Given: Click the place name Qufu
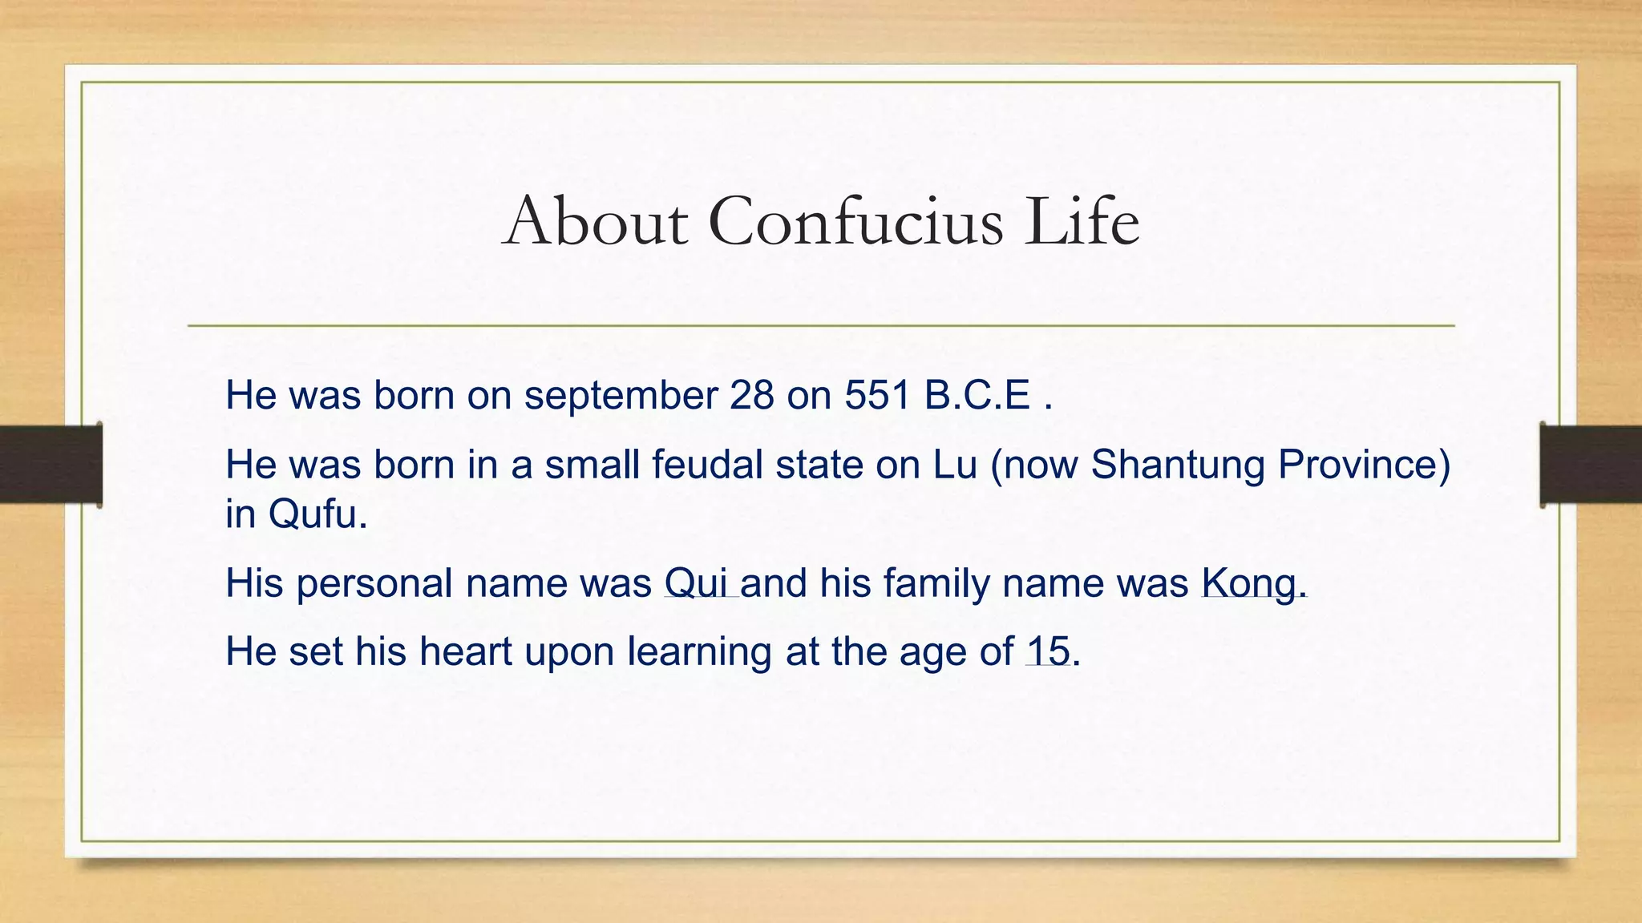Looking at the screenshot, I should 317,514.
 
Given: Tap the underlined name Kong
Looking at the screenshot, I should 1248,583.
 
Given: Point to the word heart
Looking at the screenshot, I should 465,651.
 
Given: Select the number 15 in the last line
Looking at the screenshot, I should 1048,651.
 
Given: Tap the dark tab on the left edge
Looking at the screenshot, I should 51,464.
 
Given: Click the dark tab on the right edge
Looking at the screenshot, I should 1591,464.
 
